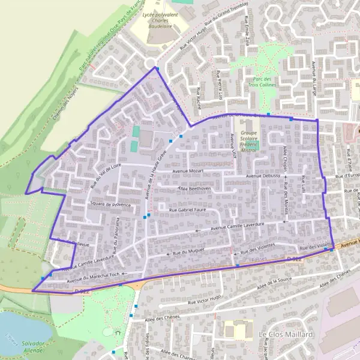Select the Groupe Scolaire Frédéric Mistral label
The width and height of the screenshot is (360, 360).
tap(249, 142)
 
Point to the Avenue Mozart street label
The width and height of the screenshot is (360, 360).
tap(189, 172)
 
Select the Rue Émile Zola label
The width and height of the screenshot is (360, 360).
tap(247, 32)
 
